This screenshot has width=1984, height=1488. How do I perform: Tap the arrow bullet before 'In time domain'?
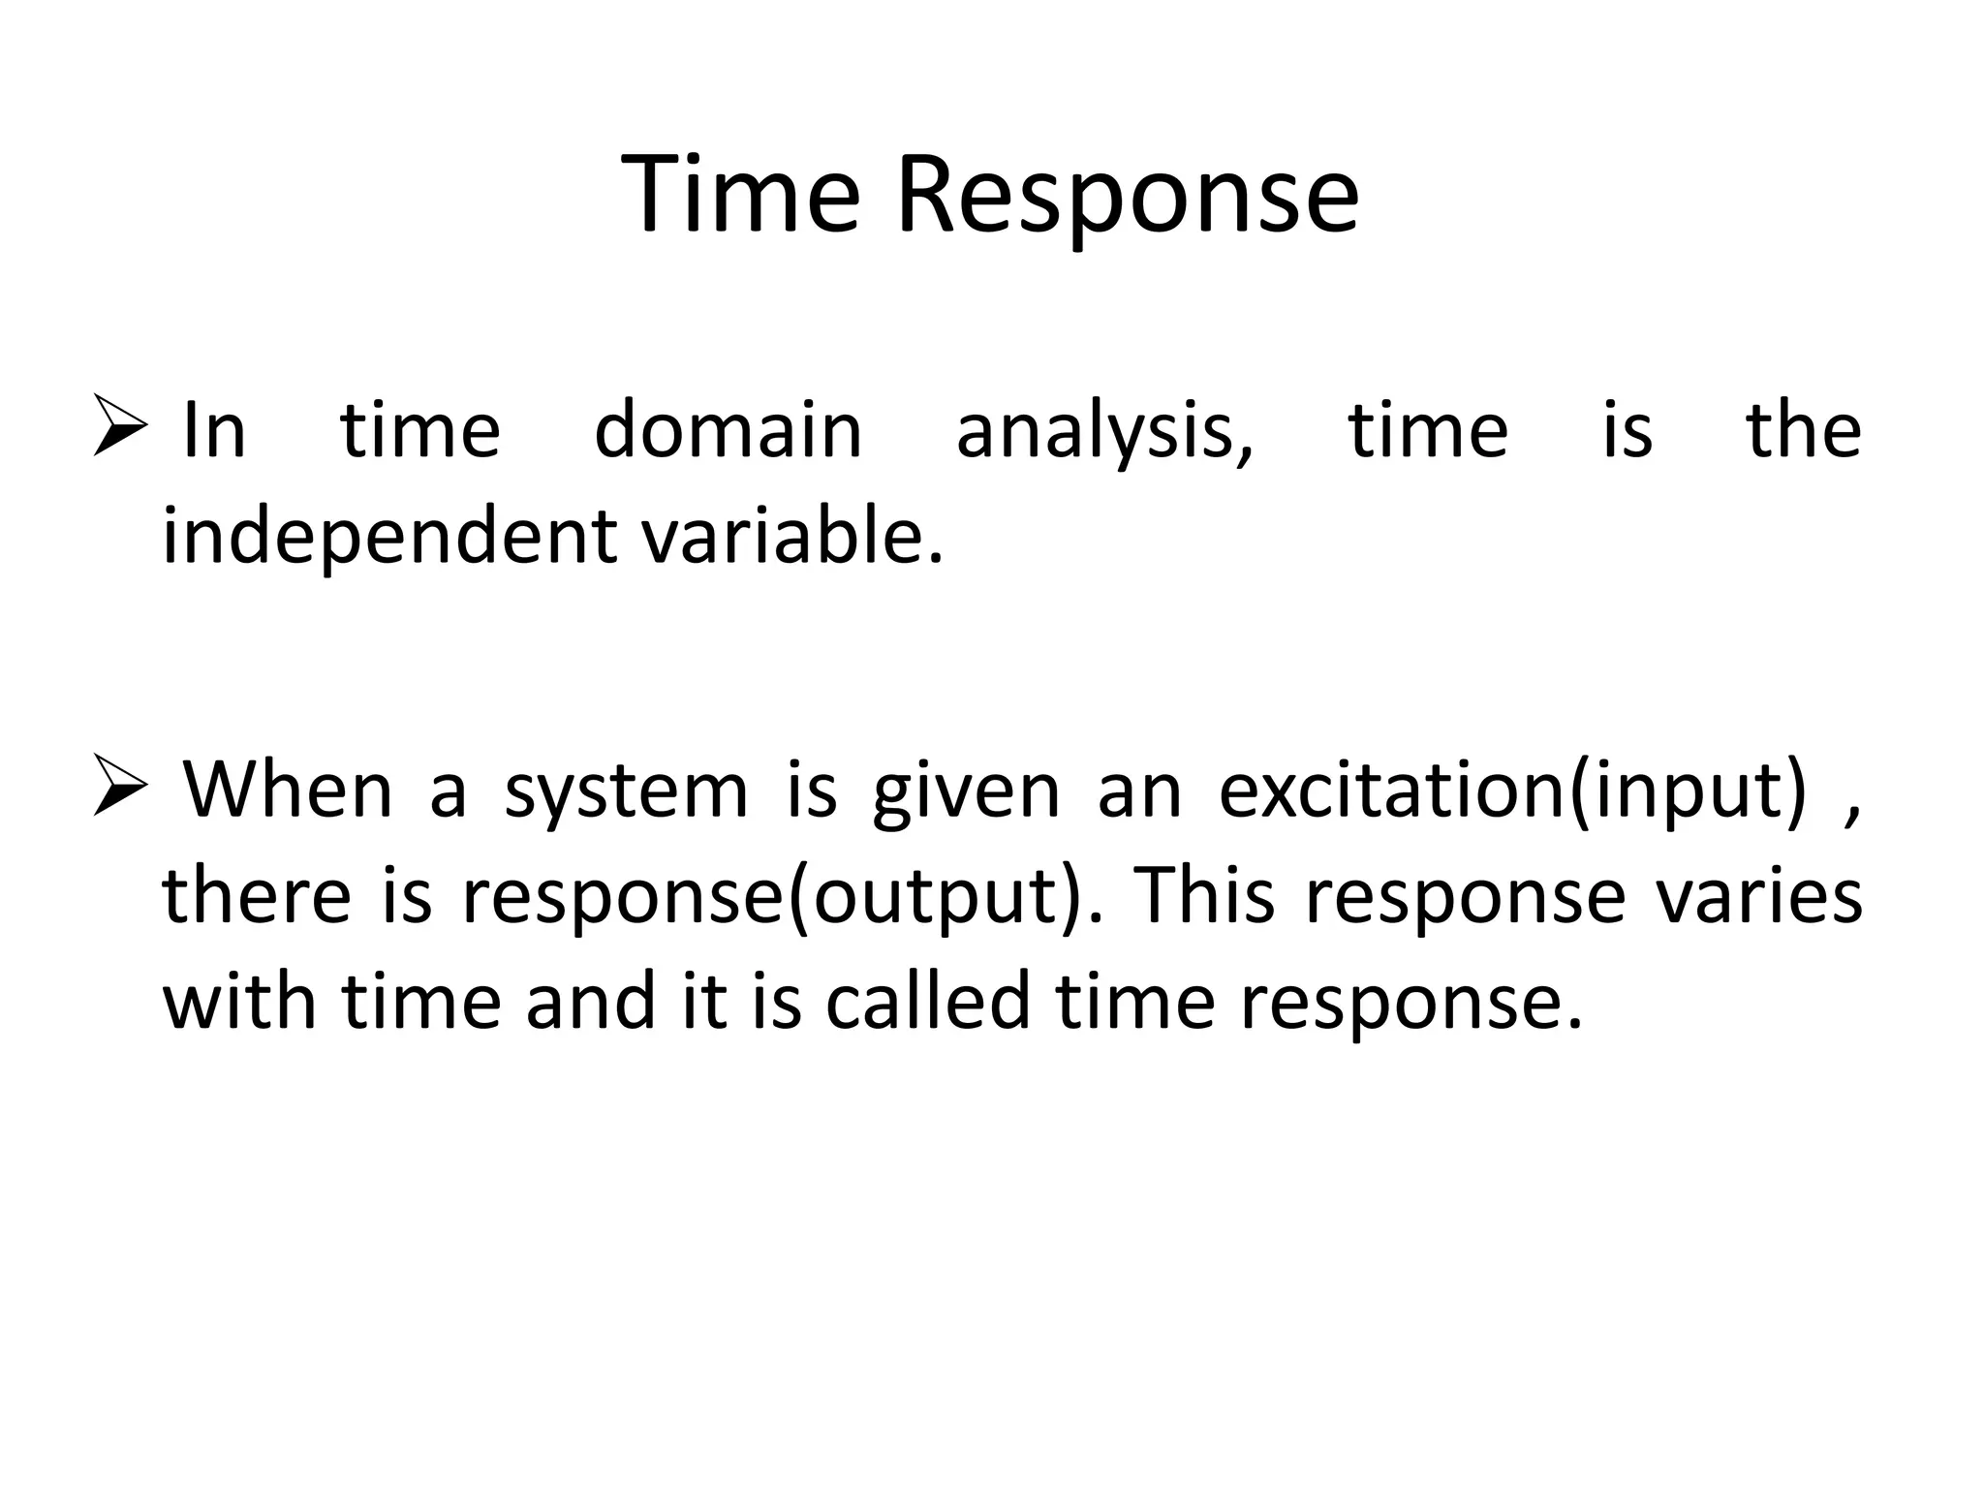(120, 426)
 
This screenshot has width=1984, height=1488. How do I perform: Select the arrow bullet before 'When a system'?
(120, 787)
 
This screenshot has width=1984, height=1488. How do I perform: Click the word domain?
(728, 430)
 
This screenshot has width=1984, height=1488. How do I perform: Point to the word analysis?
(1104, 434)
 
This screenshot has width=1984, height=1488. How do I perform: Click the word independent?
(389, 539)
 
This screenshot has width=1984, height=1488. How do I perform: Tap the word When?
(288, 790)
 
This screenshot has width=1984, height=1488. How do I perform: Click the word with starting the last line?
(239, 1002)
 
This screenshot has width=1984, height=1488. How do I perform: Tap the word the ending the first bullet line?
(1803, 430)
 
